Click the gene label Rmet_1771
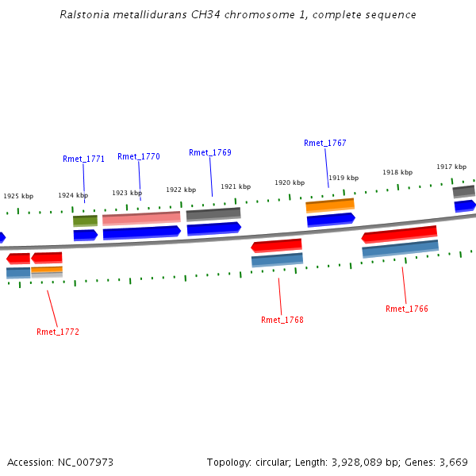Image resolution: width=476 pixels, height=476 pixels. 83,159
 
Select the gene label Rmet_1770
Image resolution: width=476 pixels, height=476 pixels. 139,156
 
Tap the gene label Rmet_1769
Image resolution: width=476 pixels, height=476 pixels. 210,152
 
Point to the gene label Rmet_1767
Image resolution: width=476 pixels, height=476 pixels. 325,143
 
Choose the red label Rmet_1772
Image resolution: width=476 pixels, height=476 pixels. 58,332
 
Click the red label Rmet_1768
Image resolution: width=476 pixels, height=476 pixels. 282,320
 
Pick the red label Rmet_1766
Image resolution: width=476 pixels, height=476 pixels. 407,309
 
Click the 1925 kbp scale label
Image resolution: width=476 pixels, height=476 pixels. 18,196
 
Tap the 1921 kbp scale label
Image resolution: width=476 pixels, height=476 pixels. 236,186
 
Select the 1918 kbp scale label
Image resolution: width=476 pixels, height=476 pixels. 397,172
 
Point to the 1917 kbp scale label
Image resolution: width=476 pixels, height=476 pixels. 451,167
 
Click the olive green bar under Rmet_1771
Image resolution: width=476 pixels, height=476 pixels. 85,220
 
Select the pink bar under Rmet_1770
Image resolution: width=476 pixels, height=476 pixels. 141,217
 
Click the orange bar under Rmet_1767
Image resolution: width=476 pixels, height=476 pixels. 330,205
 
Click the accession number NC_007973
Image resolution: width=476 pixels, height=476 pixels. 85,462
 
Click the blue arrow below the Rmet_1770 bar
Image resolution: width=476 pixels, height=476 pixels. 141,232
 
